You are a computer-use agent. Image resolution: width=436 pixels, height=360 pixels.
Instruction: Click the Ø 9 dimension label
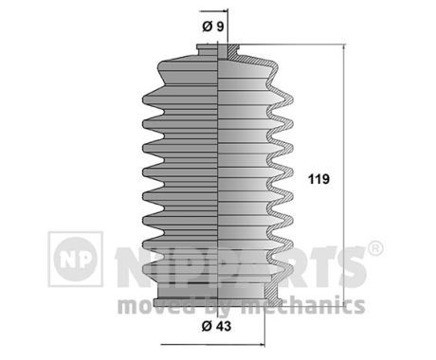point(213,26)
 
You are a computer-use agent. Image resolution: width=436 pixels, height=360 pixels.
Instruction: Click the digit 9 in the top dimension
point(220,26)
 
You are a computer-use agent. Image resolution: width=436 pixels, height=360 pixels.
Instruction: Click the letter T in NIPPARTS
point(322,266)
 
